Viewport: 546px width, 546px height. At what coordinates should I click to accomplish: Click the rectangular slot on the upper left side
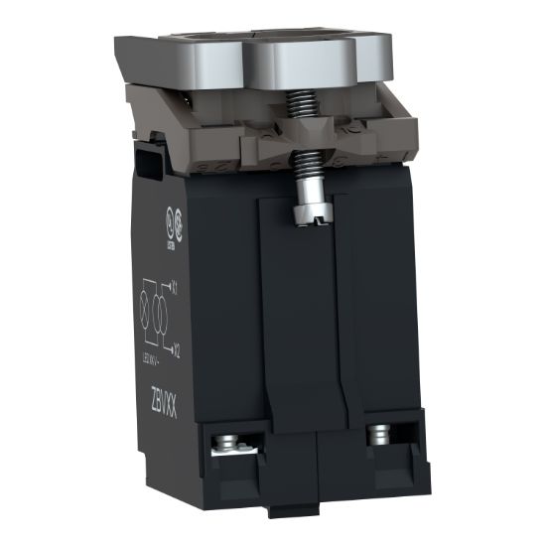coord(150,159)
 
